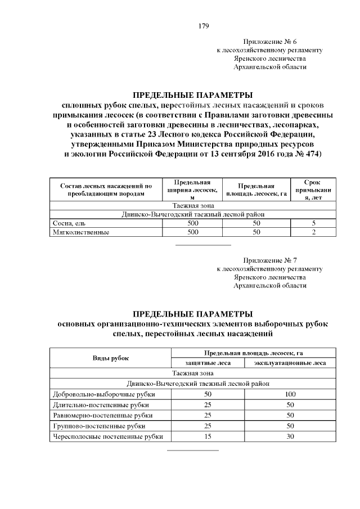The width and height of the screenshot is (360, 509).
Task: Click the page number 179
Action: (x=204, y=26)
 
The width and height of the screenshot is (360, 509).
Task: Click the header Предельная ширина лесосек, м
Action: (x=192, y=190)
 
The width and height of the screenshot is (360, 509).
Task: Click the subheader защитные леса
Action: (x=208, y=363)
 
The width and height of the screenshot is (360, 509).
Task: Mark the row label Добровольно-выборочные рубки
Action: (x=103, y=394)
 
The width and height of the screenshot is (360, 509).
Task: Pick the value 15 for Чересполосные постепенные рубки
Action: (x=208, y=436)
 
